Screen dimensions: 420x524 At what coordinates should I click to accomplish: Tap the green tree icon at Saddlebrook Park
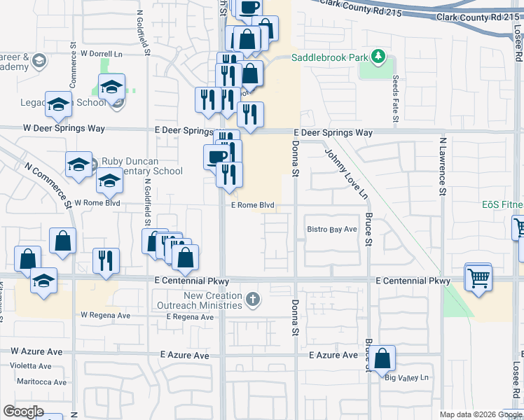tap(378, 55)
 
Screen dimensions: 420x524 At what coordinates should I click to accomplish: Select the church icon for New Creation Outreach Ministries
tap(253, 300)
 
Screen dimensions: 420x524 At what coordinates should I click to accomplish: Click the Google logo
tap(24, 412)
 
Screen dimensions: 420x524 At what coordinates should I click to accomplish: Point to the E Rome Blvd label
tap(252, 206)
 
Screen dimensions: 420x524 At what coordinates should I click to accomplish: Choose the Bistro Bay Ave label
tap(333, 229)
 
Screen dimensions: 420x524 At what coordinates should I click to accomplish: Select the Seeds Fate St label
tap(396, 99)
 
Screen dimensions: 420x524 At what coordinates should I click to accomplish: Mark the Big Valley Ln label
tap(406, 378)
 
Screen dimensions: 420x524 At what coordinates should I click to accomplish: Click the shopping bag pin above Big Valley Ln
tap(382, 358)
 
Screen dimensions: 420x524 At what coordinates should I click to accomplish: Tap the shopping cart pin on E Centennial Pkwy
tap(479, 277)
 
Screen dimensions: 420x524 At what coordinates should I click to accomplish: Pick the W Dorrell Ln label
tap(102, 53)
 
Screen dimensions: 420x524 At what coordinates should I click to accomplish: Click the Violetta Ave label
tap(30, 366)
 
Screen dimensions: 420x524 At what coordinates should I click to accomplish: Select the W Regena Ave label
tap(105, 316)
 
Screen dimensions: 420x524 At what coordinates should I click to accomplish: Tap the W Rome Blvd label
tap(97, 203)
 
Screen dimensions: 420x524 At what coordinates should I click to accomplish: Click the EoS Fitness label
tap(502, 204)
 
